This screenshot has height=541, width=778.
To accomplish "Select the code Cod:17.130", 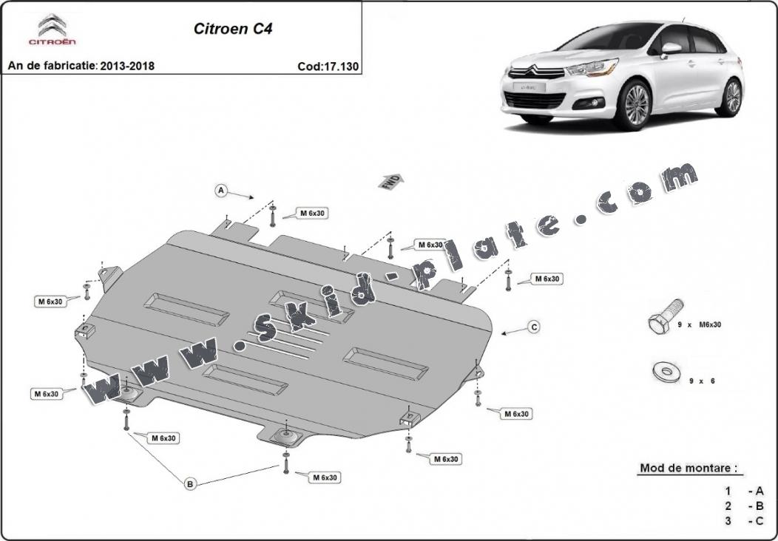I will pyautogui.click(x=328, y=67).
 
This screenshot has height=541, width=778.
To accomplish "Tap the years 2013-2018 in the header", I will pyautogui.click(x=128, y=67).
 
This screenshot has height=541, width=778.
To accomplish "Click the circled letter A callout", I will pyautogui.click(x=220, y=191).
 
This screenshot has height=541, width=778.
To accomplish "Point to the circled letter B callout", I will pyautogui.click(x=190, y=484).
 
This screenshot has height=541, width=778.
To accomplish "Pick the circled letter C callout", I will pyautogui.click(x=533, y=326).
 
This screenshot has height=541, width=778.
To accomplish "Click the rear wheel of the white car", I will pyautogui.click(x=731, y=97).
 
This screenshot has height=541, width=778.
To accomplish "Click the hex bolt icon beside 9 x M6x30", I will pyautogui.click(x=664, y=319).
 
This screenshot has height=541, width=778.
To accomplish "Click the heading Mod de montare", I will pyautogui.click(x=688, y=469).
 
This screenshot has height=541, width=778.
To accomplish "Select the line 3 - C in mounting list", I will pyautogui.click(x=743, y=521).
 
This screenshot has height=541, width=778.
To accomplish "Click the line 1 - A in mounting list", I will pyautogui.click(x=743, y=491).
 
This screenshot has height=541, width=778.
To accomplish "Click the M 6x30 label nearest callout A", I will pyautogui.click(x=312, y=213).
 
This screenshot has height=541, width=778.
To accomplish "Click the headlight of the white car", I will pyautogui.click(x=592, y=69).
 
